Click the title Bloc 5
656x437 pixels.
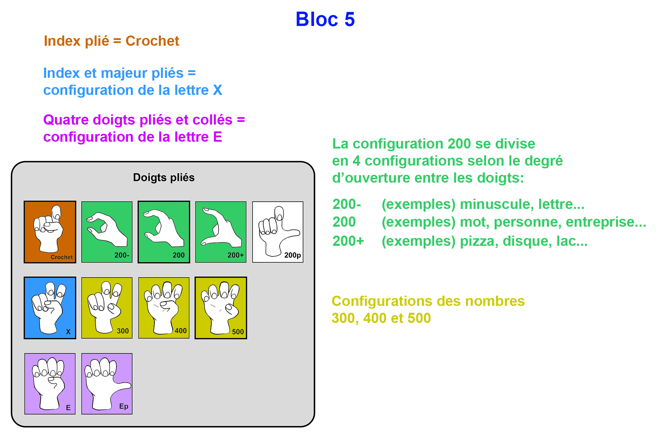[325, 19]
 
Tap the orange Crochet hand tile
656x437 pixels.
[50, 232]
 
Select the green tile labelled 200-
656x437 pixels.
[107, 232]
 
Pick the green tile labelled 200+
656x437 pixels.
[221, 232]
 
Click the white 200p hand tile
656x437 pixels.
[278, 232]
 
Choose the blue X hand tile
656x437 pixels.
[50, 308]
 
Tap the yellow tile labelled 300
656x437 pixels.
[107, 308]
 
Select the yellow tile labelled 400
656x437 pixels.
[164, 308]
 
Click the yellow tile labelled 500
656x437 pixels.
[221, 308]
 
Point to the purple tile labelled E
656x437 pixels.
[50, 383]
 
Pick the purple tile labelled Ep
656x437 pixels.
[107, 383]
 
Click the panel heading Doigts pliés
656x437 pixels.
[164, 178]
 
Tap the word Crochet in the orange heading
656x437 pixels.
[152, 41]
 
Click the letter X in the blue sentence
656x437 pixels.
[218, 90]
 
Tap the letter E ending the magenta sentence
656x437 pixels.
[218, 137]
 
